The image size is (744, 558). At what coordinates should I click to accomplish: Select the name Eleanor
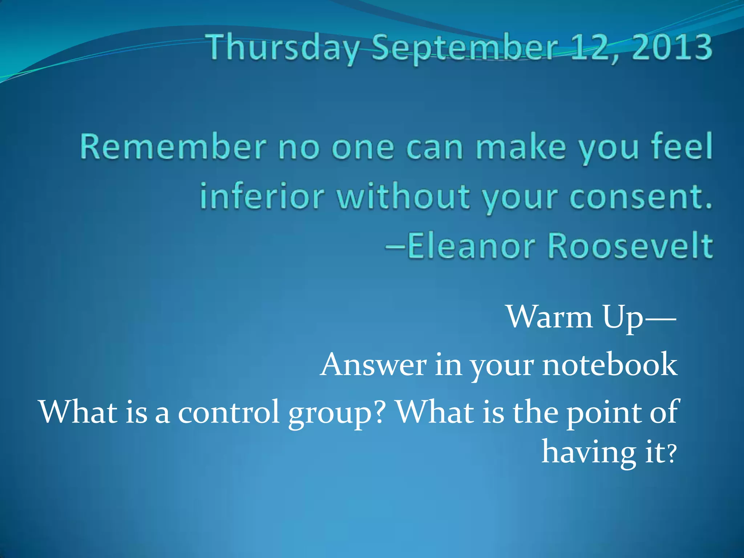click(x=471, y=246)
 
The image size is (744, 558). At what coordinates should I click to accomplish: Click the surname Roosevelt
click(x=630, y=246)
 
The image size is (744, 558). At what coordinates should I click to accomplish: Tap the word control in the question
click(x=229, y=412)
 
